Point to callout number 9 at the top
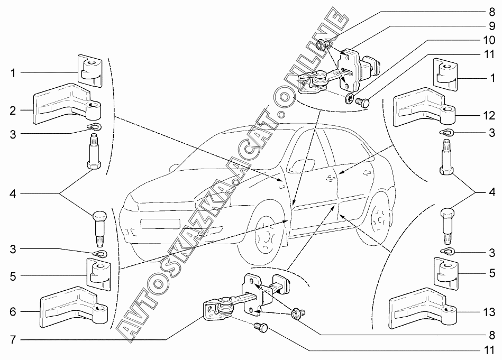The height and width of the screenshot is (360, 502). (491, 25)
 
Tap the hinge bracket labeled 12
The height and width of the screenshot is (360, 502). (423, 108)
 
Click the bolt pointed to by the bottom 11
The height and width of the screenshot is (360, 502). (261, 327)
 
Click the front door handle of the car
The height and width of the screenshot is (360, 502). (329, 178)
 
